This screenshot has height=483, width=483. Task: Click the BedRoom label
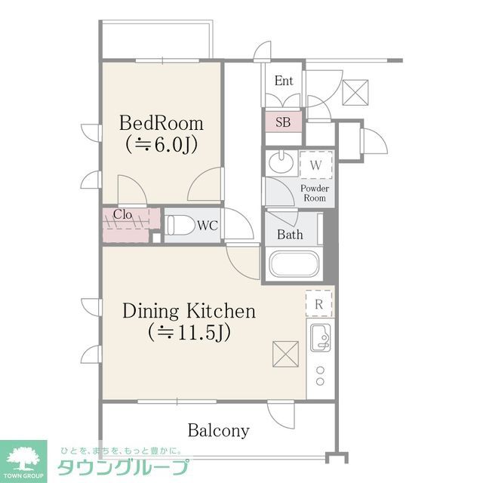click(x=161, y=122)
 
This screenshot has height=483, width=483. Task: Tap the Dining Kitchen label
click(x=189, y=310)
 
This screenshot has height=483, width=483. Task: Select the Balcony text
click(x=218, y=431)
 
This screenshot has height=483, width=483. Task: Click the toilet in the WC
click(x=179, y=224)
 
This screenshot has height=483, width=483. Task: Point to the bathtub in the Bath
click(x=294, y=265)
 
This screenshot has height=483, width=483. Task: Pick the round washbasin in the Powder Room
click(x=281, y=162)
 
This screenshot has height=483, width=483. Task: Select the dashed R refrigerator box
click(x=318, y=303)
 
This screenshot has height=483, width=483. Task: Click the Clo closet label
click(x=123, y=214)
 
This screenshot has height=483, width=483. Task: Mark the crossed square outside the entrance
click(x=353, y=92)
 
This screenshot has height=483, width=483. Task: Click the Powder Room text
click(x=314, y=192)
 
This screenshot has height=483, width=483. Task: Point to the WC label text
click(x=208, y=225)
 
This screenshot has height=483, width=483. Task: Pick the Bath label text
click(x=290, y=235)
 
